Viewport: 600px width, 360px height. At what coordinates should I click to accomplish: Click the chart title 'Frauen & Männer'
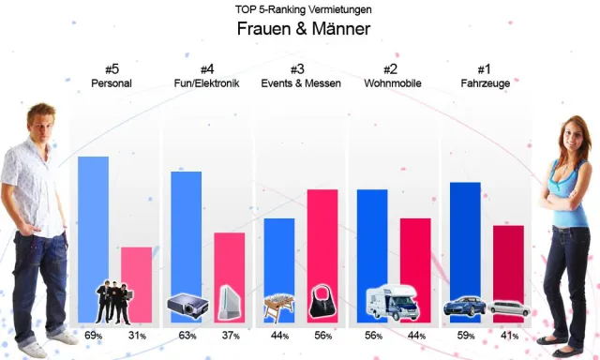tap(302, 29)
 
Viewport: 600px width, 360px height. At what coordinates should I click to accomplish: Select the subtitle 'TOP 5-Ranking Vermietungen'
tap(302, 8)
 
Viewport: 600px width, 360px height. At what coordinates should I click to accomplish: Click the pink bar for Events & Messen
tap(322, 234)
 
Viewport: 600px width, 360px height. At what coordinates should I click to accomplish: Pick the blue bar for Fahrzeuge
tap(465, 234)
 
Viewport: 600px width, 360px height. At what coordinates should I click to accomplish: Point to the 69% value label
tap(93, 336)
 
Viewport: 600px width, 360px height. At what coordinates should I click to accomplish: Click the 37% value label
tap(231, 336)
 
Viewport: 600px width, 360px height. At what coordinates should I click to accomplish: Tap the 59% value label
tap(466, 336)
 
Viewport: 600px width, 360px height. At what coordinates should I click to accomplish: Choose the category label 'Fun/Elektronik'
tap(207, 83)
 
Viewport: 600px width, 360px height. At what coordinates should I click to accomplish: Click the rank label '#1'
tap(485, 68)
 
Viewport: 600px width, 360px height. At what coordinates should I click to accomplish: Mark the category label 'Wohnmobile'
tap(393, 83)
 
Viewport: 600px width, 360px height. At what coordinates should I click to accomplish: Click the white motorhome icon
tap(392, 302)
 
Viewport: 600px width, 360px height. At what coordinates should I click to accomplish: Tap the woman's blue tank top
tap(564, 192)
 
